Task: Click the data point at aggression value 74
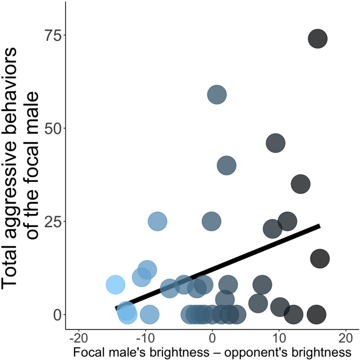(x=317, y=39)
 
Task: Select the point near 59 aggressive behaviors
(x=217, y=95)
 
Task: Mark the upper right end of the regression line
(x=320, y=225)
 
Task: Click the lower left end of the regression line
(x=116, y=308)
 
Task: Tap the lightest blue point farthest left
(x=116, y=284)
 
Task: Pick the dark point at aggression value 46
(x=275, y=142)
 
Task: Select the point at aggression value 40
(x=227, y=166)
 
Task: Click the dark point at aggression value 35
(x=300, y=184)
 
